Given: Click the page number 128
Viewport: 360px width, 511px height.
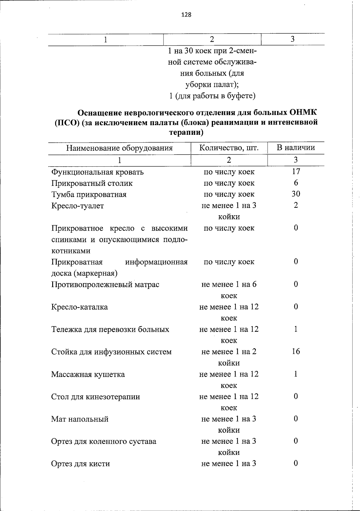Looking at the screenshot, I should pyautogui.click(x=186, y=15).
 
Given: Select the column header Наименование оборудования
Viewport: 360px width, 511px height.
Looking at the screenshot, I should pyautogui.click(x=119, y=148).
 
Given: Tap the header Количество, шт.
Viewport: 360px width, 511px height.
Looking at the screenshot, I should pyautogui.click(x=229, y=148).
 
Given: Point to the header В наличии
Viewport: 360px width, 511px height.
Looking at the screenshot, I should pyautogui.click(x=295, y=148).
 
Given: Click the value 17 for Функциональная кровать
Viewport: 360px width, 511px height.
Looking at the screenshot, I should pyautogui.click(x=296, y=172).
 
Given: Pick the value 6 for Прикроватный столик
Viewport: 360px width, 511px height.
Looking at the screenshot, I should pyautogui.click(x=296, y=183).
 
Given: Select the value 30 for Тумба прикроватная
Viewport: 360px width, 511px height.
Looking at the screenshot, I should pyautogui.click(x=296, y=194).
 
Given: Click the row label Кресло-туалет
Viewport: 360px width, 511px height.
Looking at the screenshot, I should pyautogui.click(x=77, y=206).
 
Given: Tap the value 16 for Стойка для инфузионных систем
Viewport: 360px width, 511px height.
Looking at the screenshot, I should pyautogui.click(x=296, y=351).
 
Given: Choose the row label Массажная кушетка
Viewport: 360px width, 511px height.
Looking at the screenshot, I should pyautogui.click(x=88, y=374).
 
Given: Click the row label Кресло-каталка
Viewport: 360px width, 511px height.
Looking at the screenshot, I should pyautogui.click(x=79, y=307).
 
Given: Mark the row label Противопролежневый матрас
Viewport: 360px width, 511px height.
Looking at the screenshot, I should pyautogui.click(x=105, y=285).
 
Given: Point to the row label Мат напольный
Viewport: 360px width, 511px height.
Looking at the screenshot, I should pyautogui.click(x=80, y=419).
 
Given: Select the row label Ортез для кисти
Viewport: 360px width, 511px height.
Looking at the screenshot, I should pyautogui.click(x=80, y=464).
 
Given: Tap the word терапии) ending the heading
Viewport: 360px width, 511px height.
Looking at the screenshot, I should pyautogui.click(x=186, y=132).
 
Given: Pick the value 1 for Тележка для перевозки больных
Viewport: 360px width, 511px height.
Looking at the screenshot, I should pyautogui.click(x=296, y=329).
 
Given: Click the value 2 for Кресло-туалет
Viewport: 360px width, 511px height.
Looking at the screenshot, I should pyautogui.click(x=296, y=205).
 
